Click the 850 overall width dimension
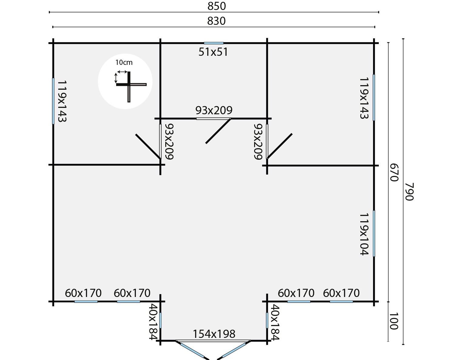(217, 6)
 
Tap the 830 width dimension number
(216, 21)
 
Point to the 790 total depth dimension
(409, 192)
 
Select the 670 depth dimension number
(394, 172)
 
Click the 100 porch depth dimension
(394, 321)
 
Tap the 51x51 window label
(213, 52)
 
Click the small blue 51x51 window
(214, 43)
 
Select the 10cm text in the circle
(124, 62)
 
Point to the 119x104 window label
(364, 234)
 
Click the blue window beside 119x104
(374, 233)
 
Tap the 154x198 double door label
(214, 334)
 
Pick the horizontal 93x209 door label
(214, 110)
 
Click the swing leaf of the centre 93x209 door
(218, 131)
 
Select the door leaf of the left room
(148, 147)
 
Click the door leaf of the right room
(280, 146)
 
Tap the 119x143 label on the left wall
(62, 101)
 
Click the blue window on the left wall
(53, 101)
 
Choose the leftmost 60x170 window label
(83, 293)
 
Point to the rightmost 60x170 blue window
(341, 302)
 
